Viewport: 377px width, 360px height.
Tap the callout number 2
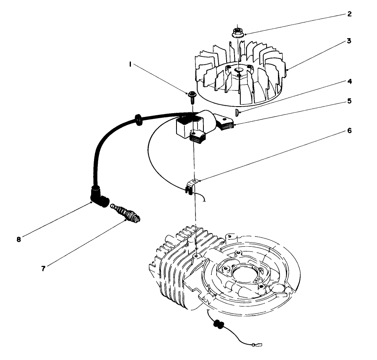(x=349, y=14)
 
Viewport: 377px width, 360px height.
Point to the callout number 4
(x=349, y=81)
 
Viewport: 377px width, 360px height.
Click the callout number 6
(x=349, y=130)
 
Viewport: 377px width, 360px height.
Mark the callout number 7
(x=43, y=268)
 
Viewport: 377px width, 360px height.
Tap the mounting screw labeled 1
(x=192, y=96)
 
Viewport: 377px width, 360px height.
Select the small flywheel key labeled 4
(x=237, y=112)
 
